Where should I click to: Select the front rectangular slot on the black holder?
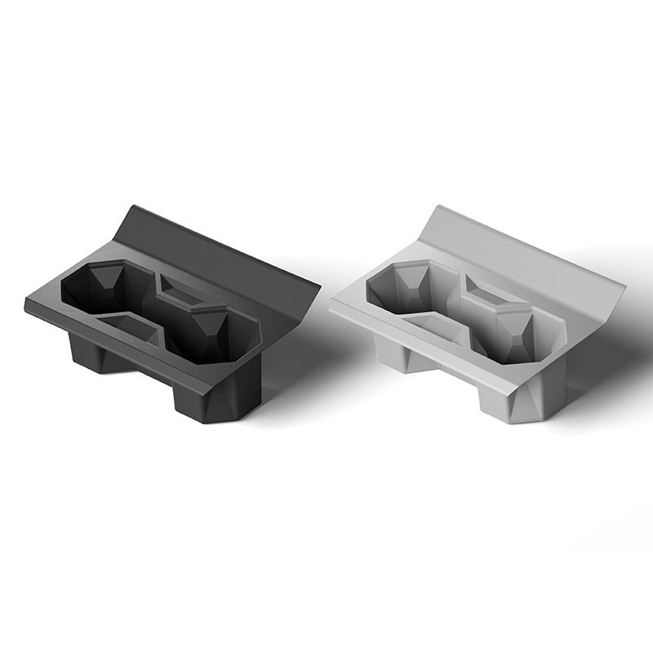[131, 325]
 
